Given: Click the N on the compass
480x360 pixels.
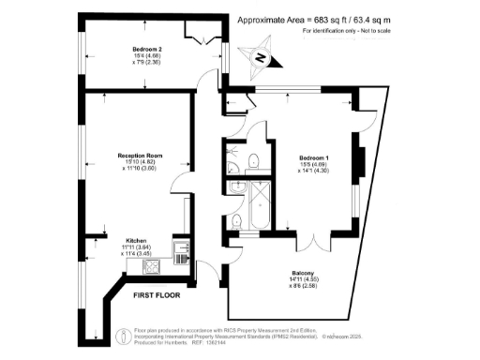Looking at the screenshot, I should (x=263, y=59).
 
